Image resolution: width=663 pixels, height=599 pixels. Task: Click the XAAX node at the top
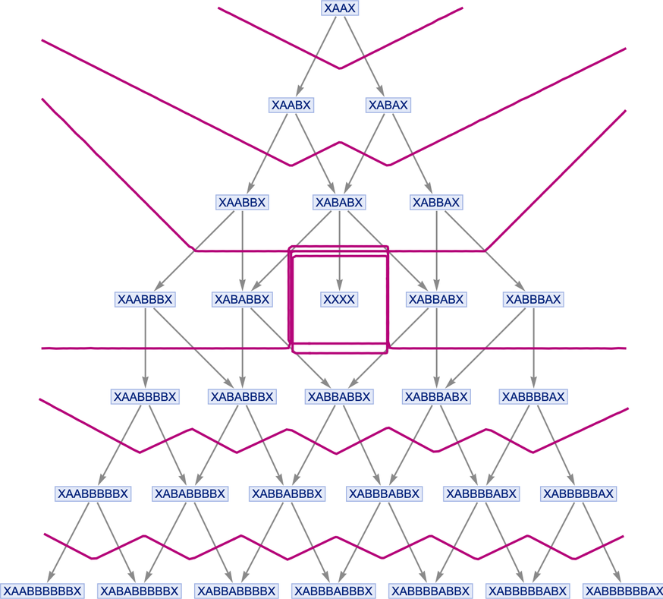[340, 8]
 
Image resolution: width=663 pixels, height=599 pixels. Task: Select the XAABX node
[291, 105]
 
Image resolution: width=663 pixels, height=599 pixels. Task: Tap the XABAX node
[388, 105]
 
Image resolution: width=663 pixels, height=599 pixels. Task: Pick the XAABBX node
[242, 202]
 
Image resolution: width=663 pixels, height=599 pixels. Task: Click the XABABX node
[339, 202]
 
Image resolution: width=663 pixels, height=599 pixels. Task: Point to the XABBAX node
[436, 202]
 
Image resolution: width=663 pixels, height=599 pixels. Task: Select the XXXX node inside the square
[339, 299]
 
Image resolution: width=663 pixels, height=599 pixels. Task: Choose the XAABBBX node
[145, 299]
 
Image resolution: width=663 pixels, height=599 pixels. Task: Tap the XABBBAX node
[533, 299]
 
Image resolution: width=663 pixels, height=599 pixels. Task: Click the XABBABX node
[436, 299]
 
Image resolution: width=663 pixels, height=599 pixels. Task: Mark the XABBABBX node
[339, 396]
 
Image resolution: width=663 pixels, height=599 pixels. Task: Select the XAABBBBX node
[145, 396]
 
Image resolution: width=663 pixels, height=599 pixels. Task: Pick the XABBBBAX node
[533, 396]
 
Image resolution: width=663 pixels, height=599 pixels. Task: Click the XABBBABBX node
[385, 493]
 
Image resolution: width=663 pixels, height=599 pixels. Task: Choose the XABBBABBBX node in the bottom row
[334, 591]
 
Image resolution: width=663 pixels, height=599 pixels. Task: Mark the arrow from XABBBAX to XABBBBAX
[533, 348]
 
